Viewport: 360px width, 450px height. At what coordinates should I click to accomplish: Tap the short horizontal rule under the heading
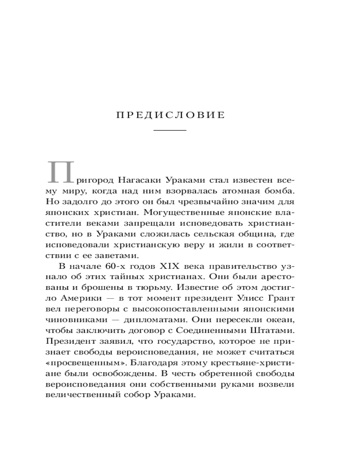tap(170, 130)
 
